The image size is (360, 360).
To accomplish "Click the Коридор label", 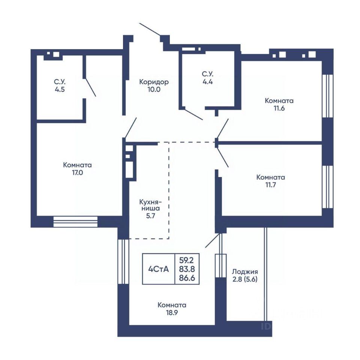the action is (154, 82).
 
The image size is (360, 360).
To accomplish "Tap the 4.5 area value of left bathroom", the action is (60, 89).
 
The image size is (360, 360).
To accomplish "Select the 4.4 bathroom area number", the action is (207, 81).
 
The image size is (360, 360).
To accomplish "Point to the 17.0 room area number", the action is (78, 172).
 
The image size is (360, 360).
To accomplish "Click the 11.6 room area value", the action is (279, 108).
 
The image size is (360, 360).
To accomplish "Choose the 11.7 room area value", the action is (271, 185).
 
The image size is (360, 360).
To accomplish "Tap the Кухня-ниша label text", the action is (151, 205).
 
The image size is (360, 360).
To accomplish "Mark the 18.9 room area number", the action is (172, 312).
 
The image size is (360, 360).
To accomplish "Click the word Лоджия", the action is (245, 272).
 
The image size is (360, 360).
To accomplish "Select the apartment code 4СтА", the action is (158, 269).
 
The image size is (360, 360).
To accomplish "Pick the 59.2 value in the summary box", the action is (187, 260).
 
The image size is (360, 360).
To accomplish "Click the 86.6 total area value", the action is (187, 278).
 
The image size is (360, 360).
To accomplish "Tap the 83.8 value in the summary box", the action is (187, 269).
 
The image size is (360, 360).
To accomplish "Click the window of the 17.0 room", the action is (75, 222).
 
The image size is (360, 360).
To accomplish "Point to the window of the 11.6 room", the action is (328, 96).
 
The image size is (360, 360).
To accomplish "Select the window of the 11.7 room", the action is (328, 187).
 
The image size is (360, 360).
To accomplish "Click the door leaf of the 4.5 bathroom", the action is (90, 87).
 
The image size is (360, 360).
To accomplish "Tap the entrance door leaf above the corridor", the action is (150, 29).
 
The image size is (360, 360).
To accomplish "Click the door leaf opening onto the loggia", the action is (212, 240).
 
